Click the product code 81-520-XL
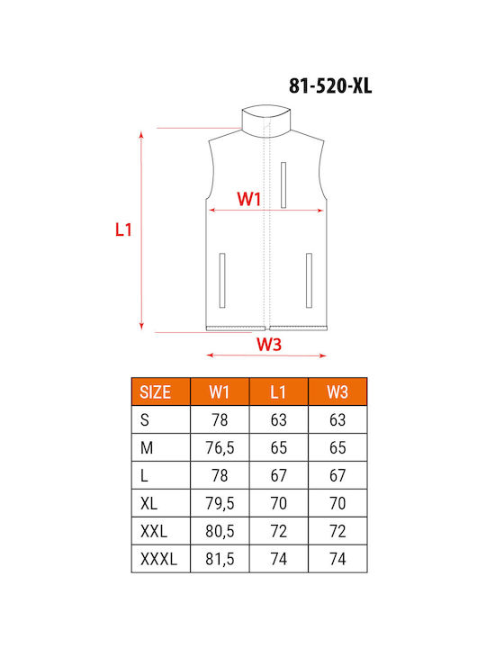pyautogui.click(x=330, y=86)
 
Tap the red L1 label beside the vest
pyautogui.click(x=123, y=229)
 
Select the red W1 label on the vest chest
pyautogui.click(x=248, y=199)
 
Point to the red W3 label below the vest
pyautogui.click(x=269, y=344)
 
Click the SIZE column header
pyautogui.click(x=155, y=391)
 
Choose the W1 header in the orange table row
pyautogui.click(x=219, y=391)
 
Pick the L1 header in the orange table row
pyautogui.click(x=278, y=391)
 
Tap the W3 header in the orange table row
pyautogui.click(x=337, y=391)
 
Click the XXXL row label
pyautogui.click(x=158, y=559)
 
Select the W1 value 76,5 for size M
pyautogui.click(x=220, y=447)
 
